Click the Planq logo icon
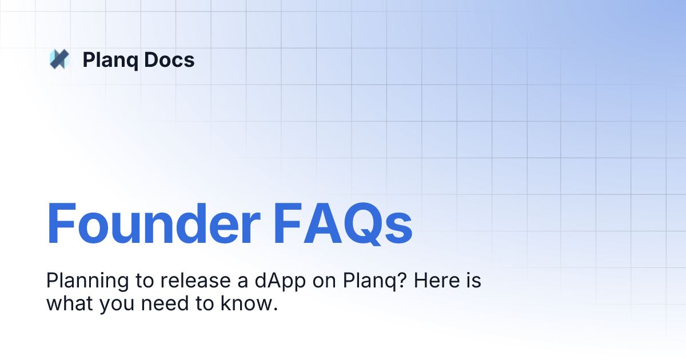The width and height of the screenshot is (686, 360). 59,59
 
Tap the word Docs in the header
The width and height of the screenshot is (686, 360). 169,59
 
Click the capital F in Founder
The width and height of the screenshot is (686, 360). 61,223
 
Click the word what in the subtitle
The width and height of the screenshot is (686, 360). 69,304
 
